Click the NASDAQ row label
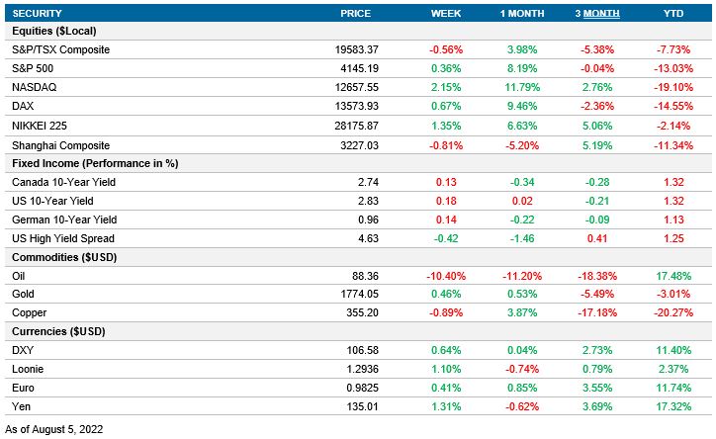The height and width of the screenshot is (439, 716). click(x=35, y=87)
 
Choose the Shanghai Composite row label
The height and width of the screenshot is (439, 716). click(x=59, y=143)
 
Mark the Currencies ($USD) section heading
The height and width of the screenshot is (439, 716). click(x=58, y=331)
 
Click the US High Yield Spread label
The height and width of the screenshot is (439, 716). click(x=63, y=237)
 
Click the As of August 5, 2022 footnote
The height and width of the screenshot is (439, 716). click(x=54, y=429)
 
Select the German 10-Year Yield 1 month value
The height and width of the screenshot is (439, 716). click(x=521, y=219)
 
